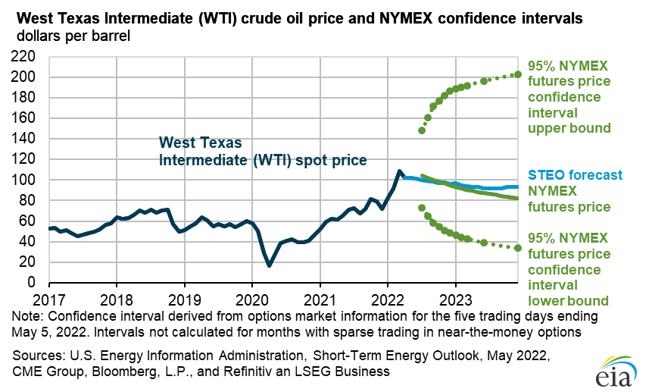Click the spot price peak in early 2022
(x=400, y=171)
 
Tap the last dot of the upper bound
(x=518, y=74)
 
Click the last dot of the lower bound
(x=518, y=248)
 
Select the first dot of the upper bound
(x=422, y=130)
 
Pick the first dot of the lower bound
(x=422, y=208)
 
